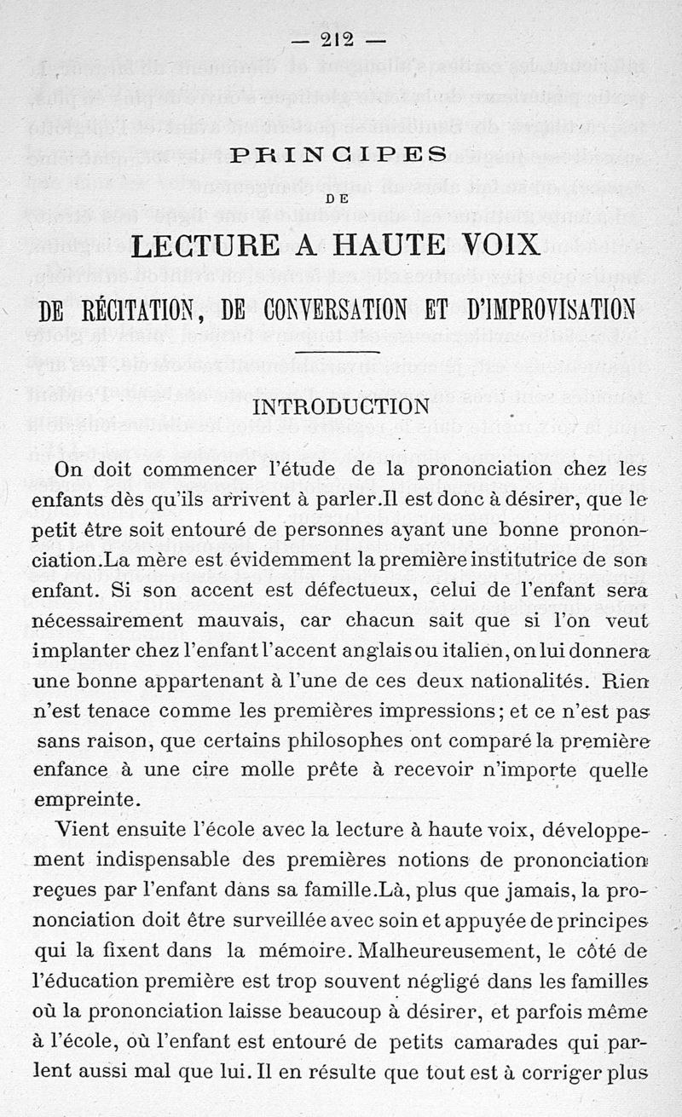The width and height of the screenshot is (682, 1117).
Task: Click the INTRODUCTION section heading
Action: point(341,406)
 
